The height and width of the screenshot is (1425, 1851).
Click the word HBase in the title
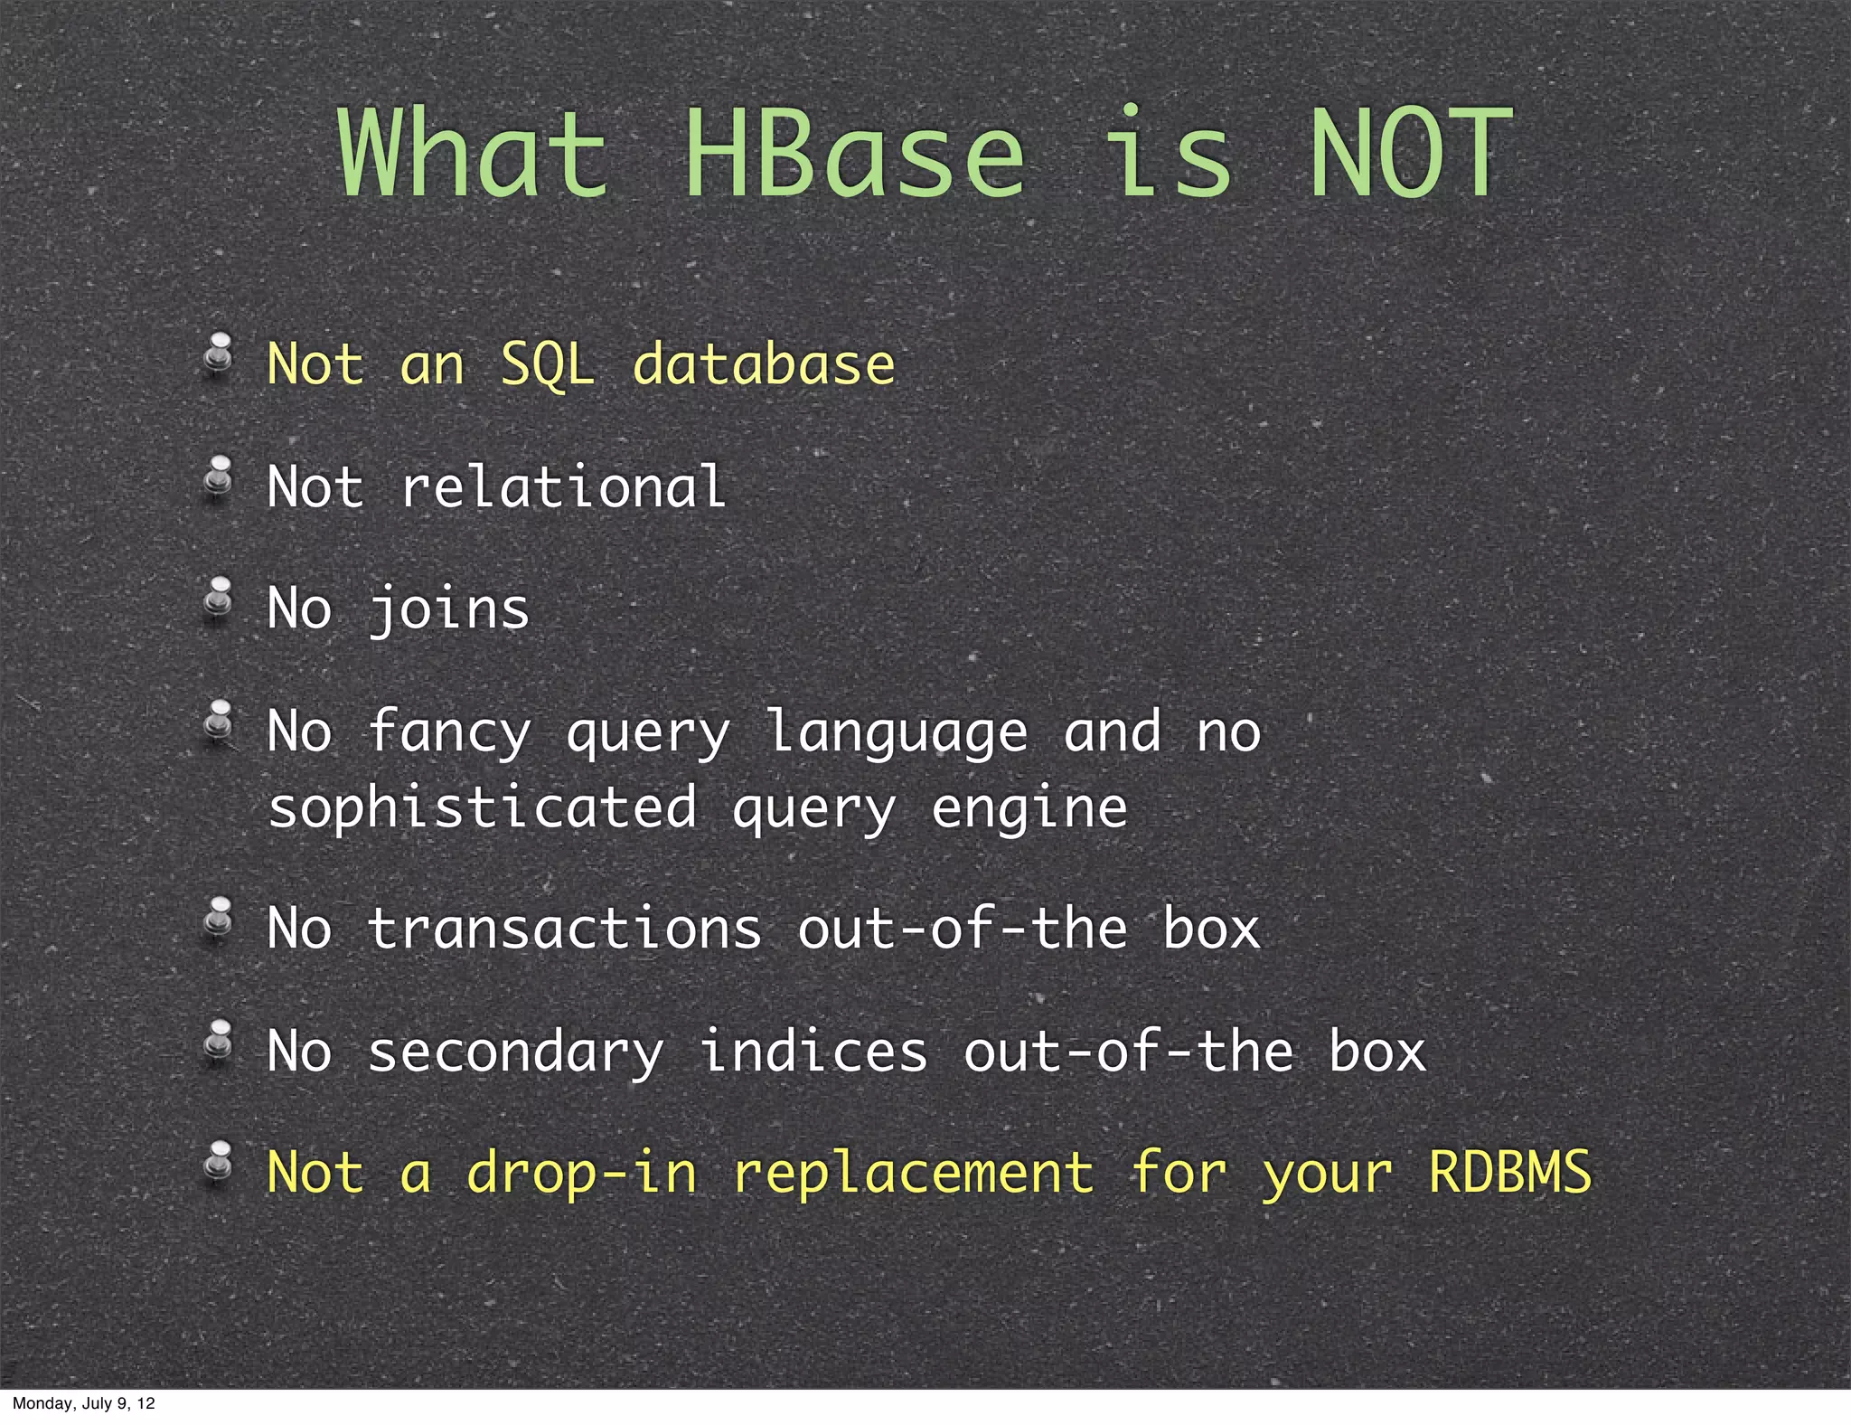click(854, 154)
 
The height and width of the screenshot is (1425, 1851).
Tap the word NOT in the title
click(1410, 154)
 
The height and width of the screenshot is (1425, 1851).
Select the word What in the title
click(473, 154)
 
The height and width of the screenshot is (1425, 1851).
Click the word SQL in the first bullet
click(548, 364)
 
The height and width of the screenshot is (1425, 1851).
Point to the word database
click(764, 364)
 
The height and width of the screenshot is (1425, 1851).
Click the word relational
click(563, 486)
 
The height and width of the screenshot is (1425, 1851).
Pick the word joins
click(449, 609)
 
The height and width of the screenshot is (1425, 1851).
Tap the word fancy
click(449, 731)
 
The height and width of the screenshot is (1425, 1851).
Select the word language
click(897, 731)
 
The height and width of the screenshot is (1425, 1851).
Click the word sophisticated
click(483, 807)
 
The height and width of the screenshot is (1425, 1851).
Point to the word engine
click(1029, 807)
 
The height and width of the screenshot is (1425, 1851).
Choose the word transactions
click(565, 929)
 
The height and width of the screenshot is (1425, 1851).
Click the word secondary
click(515, 1052)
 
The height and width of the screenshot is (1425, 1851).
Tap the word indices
click(813, 1052)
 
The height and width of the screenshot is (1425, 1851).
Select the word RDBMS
click(1509, 1173)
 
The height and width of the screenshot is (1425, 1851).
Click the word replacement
click(913, 1173)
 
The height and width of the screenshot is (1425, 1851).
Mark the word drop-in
click(582, 1173)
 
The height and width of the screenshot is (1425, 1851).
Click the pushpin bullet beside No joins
click(218, 599)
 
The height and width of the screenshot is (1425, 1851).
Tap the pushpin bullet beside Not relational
click(218, 477)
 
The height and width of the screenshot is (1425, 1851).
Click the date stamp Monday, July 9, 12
click(83, 1403)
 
